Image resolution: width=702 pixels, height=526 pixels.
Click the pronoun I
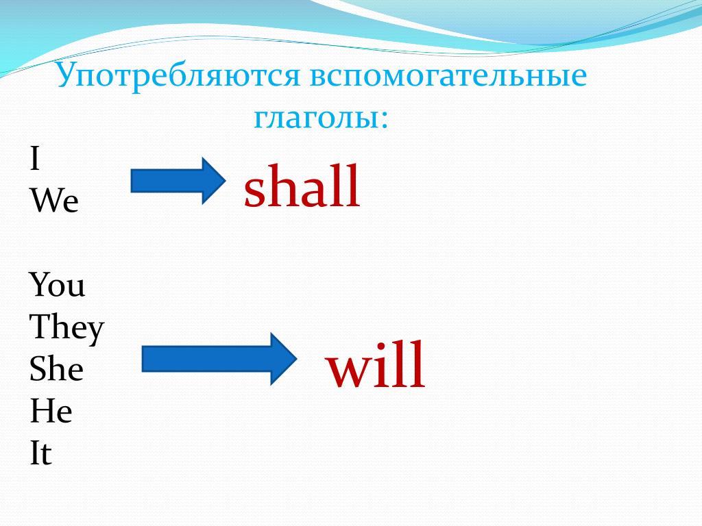point(35,158)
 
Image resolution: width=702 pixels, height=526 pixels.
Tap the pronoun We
point(54,201)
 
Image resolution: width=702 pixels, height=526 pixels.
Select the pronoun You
point(57,285)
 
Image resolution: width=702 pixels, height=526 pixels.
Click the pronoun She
point(56,369)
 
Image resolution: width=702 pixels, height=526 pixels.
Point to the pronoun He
point(51,411)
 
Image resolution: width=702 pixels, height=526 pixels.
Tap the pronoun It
point(40,453)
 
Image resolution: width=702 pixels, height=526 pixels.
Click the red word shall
point(302,186)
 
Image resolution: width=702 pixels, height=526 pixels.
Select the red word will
point(375,364)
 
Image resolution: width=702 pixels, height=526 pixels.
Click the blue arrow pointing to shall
point(178,181)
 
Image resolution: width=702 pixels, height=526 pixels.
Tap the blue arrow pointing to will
point(219,359)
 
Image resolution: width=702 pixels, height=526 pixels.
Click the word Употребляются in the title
point(178,76)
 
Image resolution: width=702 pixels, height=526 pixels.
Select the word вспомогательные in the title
point(448,76)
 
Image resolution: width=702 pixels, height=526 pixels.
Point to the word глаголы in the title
point(315,118)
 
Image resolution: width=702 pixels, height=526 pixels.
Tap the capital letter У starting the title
point(69,75)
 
